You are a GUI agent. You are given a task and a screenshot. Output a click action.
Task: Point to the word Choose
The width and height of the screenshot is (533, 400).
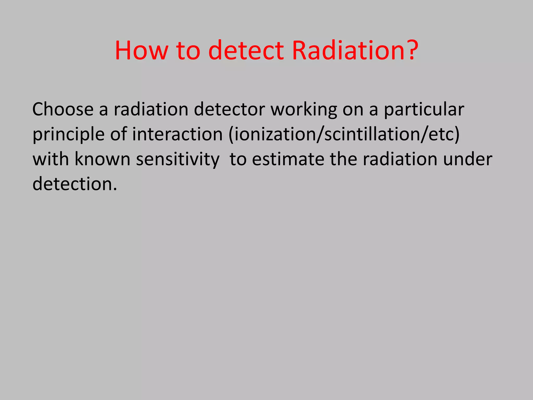point(63,109)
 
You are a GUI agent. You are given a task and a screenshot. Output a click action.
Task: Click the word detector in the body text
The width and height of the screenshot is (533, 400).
point(229,109)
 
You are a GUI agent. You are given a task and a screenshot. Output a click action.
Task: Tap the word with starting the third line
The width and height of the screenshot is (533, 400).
point(51,159)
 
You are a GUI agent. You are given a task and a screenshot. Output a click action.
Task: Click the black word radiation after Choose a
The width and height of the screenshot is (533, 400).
point(151,109)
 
